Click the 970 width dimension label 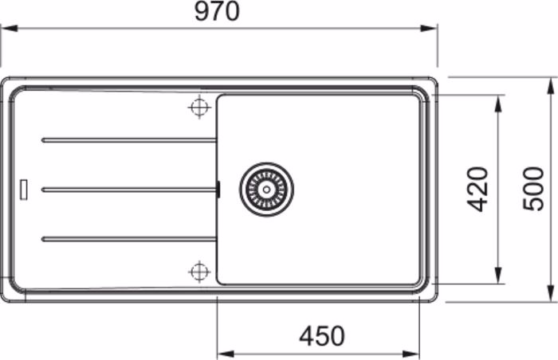(217, 11)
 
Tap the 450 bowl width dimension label (322, 336)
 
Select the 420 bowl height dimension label (477, 189)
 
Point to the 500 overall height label (533, 189)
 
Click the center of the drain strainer (266, 190)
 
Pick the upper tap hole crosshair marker (199, 107)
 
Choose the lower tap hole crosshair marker (199, 272)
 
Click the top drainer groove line (129, 140)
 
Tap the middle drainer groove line (129, 190)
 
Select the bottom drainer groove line (129, 239)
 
